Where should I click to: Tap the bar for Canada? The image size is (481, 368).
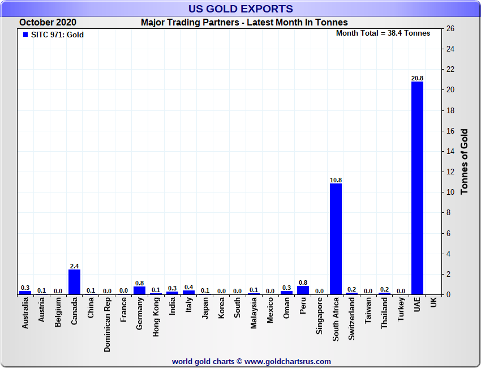tap(74, 282)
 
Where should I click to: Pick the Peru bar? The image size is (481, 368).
tap(303, 290)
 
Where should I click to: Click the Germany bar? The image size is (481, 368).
tap(139, 290)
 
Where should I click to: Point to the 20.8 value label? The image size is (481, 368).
tap(417, 78)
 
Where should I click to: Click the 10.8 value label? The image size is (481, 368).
tap(336, 180)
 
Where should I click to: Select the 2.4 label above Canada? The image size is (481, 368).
tap(74, 266)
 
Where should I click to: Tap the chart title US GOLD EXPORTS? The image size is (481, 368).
tap(240, 8)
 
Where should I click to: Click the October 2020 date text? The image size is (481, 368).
tap(48, 23)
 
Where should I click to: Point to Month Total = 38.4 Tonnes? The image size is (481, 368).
tap(383, 33)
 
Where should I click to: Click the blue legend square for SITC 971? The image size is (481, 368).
tap(25, 35)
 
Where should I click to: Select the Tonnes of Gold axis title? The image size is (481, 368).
tap(465, 162)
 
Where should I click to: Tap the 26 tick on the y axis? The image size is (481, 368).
tap(450, 29)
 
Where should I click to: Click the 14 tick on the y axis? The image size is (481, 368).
tap(450, 152)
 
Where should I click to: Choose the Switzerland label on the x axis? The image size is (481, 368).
tap(352, 319)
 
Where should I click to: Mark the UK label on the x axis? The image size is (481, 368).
tap(433, 303)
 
